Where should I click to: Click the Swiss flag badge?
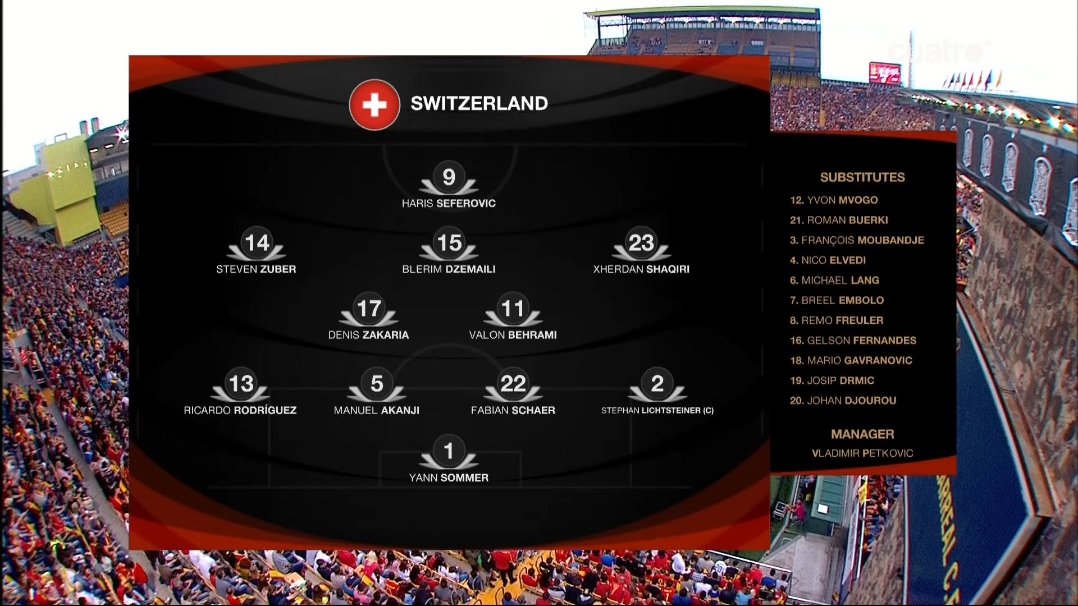click(374, 104)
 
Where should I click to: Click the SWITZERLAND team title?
click(479, 103)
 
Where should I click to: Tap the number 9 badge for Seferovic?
click(449, 177)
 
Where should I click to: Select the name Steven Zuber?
click(256, 269)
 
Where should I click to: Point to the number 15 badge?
click(449, 243)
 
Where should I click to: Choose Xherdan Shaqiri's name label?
click(641, 269)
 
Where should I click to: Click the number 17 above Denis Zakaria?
click(369, 309)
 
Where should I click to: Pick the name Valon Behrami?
click(513, 335)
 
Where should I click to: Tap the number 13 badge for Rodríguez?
click(241, 384)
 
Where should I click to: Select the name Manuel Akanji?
click(377, 410)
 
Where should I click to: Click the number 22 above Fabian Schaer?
click(513, 384)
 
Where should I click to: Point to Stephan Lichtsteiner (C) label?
click(657, 410)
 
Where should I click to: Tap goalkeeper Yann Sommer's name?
click(449, 478)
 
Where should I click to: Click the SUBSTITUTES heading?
click(862, 177)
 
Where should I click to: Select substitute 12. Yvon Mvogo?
click(834, 200)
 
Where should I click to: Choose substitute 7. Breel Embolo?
click(837, 301)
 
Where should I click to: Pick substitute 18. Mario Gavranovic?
click(851, 361)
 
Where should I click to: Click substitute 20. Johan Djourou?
click(843, 401)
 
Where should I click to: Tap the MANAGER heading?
click(862, 434)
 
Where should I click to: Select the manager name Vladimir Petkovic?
click(862, 453)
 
